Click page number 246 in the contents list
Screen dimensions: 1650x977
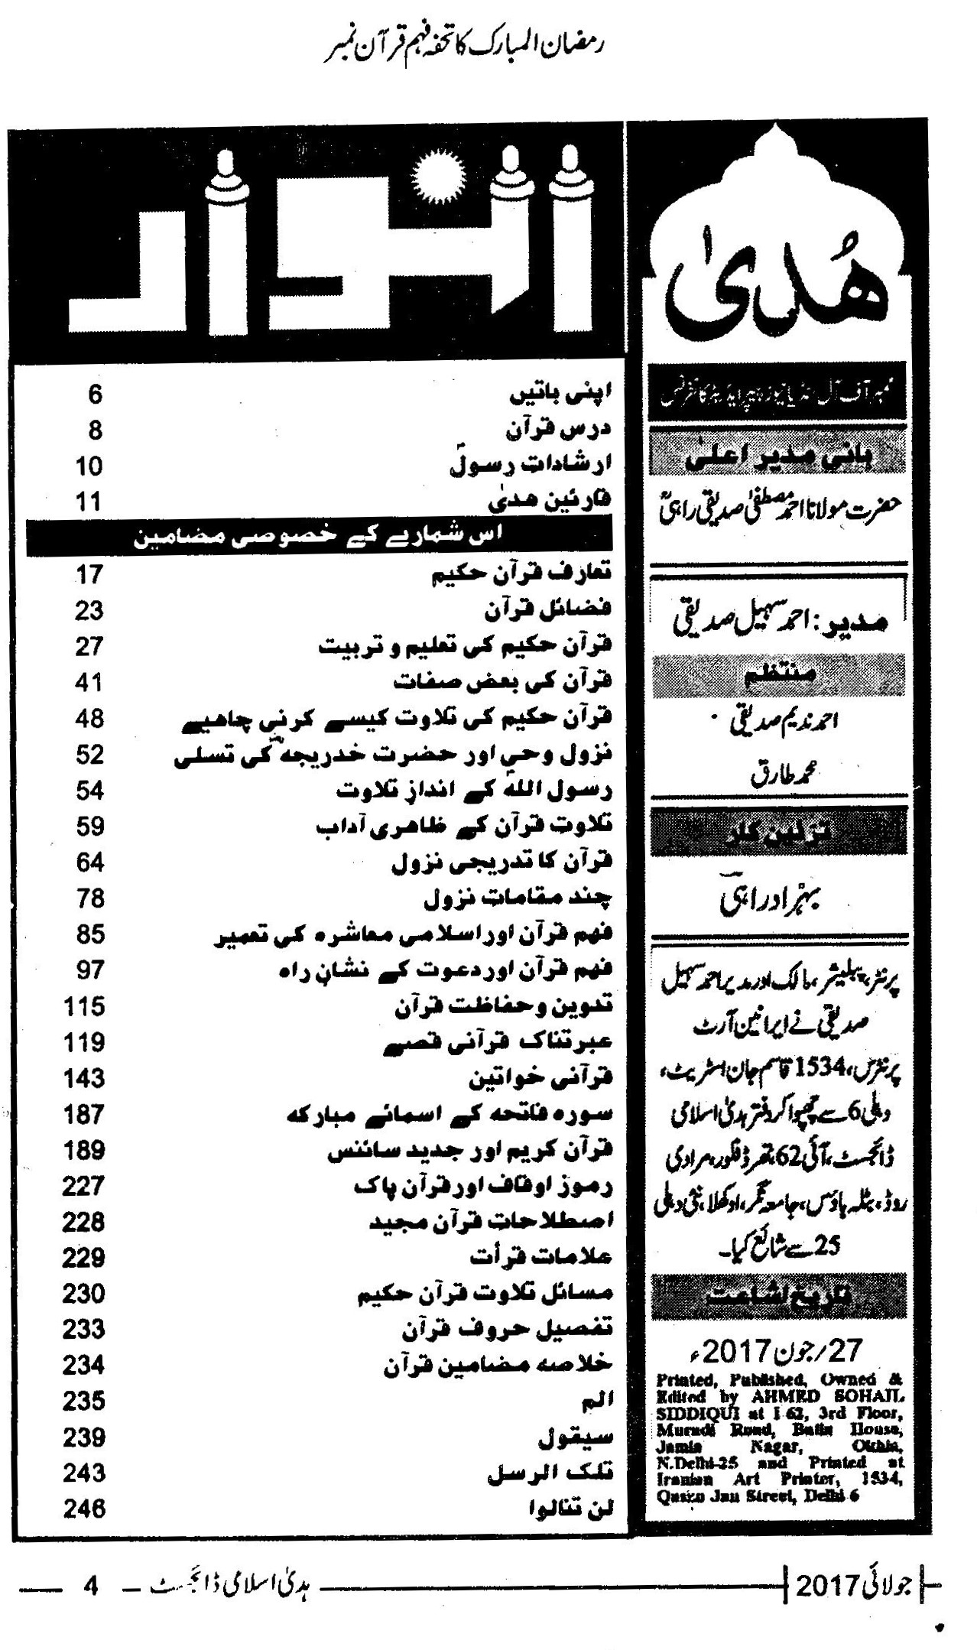coord(84,1509)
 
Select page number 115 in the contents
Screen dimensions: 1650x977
coord(84,1006)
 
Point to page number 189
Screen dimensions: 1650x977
coord(84,1150)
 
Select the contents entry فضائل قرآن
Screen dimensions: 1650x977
coord(549,610)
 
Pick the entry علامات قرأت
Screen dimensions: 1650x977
coord(541,1258)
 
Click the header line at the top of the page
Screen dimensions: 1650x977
coord(463,47)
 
